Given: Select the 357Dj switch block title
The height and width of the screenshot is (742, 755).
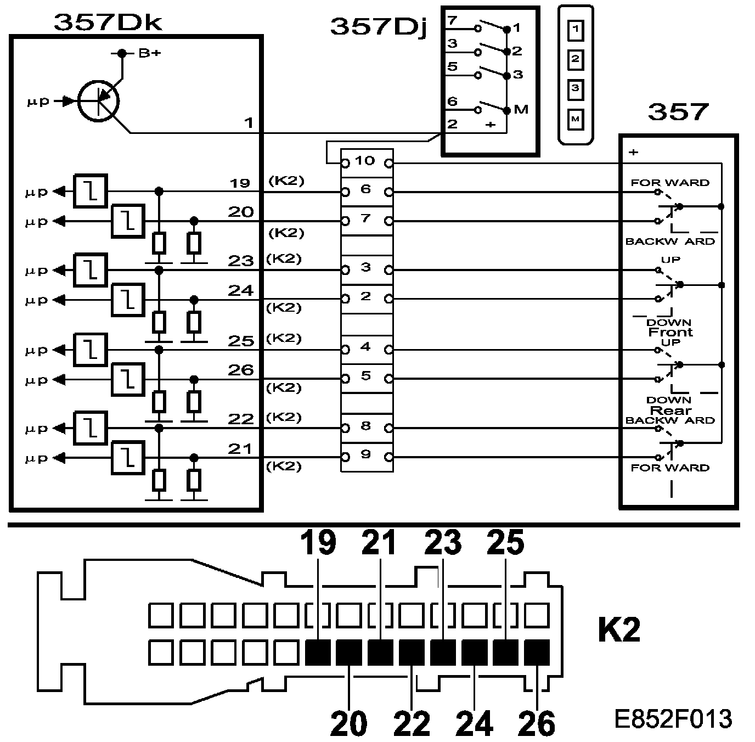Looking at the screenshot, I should point(379,26).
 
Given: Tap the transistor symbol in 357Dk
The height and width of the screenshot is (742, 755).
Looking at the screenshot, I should point(99,100).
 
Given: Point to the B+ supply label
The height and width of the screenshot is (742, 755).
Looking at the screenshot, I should point(149,53).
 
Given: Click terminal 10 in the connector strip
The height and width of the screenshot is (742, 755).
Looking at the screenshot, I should point(365,161).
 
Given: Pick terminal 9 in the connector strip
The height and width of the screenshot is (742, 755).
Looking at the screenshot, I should point(365,455).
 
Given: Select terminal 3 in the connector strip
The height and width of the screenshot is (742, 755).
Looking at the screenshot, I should point(365,268).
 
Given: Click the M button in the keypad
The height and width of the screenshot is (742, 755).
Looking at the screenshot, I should point(575,119).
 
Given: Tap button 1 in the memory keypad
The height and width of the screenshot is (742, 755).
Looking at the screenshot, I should point(575,30).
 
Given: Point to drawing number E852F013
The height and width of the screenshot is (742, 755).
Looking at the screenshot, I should point(673,718).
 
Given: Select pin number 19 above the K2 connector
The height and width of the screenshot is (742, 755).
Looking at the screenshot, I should point(318,543).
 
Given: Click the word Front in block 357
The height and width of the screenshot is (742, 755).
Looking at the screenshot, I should point(670,332).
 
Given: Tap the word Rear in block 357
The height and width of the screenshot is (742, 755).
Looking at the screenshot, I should point(670,411).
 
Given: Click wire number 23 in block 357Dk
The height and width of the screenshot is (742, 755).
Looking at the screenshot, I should point(240,261).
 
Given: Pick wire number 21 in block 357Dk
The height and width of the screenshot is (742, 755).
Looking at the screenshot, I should point(240,449).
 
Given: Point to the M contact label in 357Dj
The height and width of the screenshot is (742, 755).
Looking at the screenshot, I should point(521,109).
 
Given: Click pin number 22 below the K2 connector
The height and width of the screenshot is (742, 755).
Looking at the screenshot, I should point(413,723).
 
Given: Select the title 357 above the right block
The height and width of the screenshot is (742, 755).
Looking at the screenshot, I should point(678,112).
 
